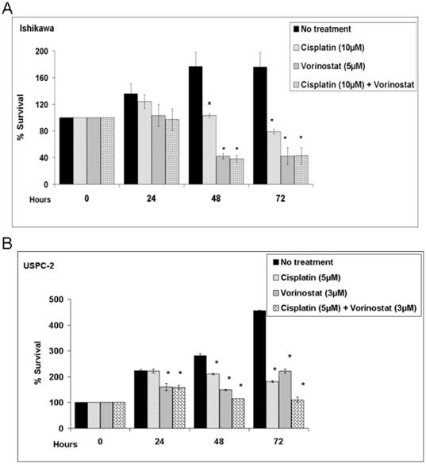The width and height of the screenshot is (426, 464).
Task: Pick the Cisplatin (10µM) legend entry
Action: (341, 48)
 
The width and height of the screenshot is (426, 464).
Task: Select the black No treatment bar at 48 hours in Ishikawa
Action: (195, 126)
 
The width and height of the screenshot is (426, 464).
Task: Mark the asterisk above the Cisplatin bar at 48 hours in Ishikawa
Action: (209, 104)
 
